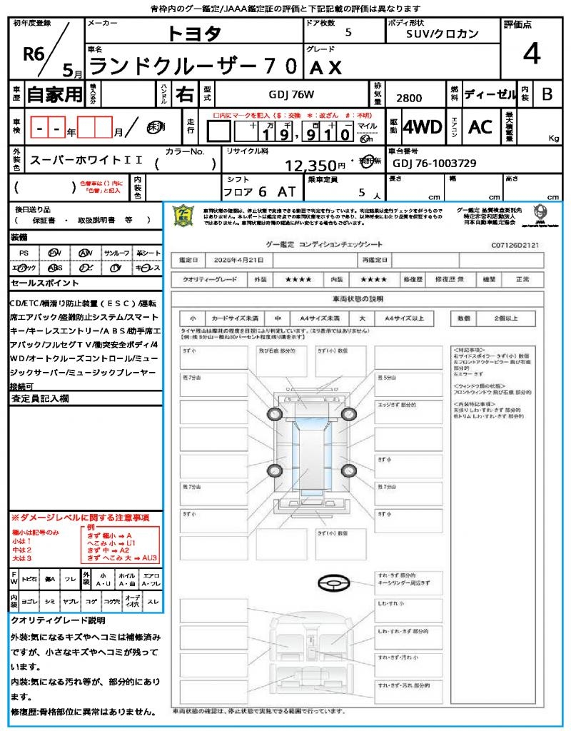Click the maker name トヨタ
click(x=194, y=34)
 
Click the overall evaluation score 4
click(x=531, y=54)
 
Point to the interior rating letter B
click(x=547, y=94)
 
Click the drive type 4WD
click(x=423, y=127)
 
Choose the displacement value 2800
click(x=408, y=99)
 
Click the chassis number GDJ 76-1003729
click(x=434, y=163)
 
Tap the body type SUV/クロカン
click(x=443, y=33)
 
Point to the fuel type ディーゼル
click(x=490, y=94)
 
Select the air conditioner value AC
click(x=480, y=127)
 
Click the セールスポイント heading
click(x=39, y=283)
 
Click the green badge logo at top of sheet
click(x=183, y=216)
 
